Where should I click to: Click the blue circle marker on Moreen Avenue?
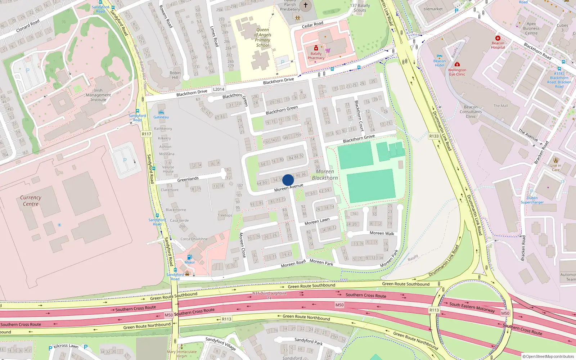click(x=288, y=180)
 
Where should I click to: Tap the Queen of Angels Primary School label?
click(x=263, y=37)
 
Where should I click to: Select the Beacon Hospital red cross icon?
click(x=498, y=38)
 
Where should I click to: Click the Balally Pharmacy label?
click(x=316, y=56)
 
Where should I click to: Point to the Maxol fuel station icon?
click(x=189, y=257)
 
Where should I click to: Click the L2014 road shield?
click(x=219, y=89)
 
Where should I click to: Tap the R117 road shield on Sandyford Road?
click(x=147, y=134)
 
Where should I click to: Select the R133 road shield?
click(x=434, y=136)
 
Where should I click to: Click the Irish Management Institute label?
click(x=98, y=95)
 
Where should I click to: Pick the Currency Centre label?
click(x=31, y=201)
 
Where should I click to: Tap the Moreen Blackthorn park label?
click(x=325, y=175)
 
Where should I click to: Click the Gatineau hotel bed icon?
click(x=161, y=112)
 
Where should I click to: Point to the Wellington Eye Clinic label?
click(x=457, y=72)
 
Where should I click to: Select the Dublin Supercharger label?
click(x=532, y=200)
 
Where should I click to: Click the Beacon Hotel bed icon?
click(x=439, y=57)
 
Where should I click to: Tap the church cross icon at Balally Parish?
click(x=306, y=5)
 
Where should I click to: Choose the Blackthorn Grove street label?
click(x=359, y=139)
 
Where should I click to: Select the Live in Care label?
click(x=555, y=168)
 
